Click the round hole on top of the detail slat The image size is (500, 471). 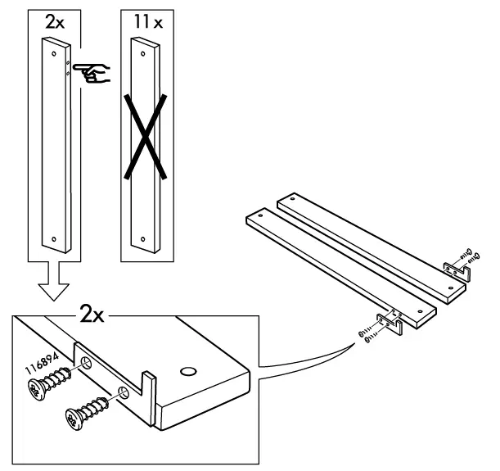coord(186,371)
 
